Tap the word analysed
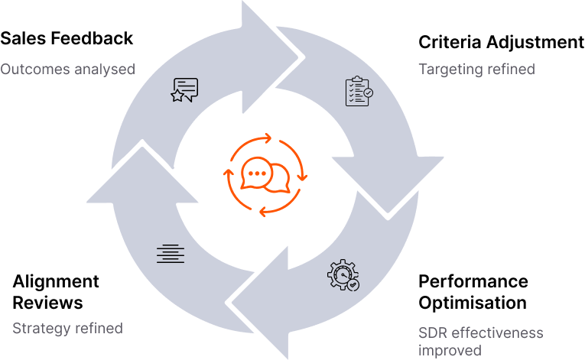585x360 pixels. (103, 70)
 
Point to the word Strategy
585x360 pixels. (42, 329)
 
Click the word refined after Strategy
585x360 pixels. (99, 329)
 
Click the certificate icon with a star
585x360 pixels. (184, 89)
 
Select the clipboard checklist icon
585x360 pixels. (359, 91)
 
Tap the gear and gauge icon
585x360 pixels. (343, 275)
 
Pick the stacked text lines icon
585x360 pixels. (171, 254)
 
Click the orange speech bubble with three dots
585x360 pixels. (255, 174)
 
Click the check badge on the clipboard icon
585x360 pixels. (369, 92)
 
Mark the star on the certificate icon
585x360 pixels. (177, 96)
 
